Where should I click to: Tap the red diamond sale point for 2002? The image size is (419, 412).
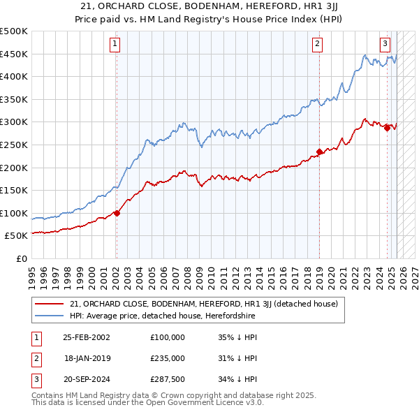(117, 213)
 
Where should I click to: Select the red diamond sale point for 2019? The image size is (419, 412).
(319, 152)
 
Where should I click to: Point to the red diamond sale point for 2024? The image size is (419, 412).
(387, 127)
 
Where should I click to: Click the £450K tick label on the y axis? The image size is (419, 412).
(14, 54)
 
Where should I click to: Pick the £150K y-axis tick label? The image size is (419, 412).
(14, 190)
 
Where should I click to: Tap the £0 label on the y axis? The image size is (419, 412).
(21, 258)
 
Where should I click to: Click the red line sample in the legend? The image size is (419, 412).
(50, 304)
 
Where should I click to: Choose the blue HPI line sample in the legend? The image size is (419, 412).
(50, 316)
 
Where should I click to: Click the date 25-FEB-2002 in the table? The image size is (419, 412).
(86, 337)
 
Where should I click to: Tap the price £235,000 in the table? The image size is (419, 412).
(167, 358)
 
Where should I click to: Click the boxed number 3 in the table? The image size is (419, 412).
(36, 379)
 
